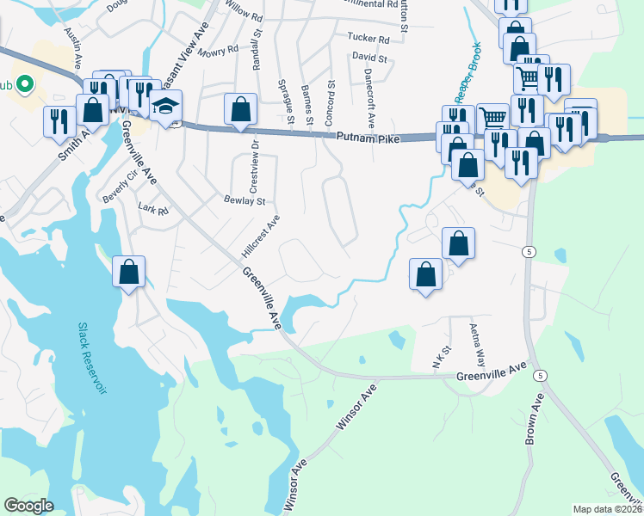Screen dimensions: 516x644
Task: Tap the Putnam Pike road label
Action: pos(371,136)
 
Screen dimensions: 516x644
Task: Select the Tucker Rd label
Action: pos(368,38)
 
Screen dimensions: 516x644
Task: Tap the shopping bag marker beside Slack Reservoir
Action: pos(128,273)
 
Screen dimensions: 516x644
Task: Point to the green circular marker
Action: pos(24,85)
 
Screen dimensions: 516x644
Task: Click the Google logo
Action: pos(28,506)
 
